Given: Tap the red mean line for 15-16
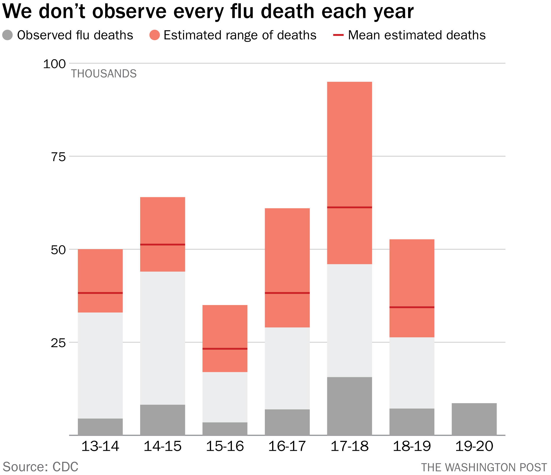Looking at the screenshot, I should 225,349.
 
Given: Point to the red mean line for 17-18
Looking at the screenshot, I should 350,207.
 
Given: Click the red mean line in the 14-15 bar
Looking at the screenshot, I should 162,244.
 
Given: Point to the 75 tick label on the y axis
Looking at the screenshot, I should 58,157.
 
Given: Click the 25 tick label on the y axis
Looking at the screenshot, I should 58,343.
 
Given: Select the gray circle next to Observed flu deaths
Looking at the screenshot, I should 7,35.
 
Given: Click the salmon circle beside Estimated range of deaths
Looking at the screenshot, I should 155,35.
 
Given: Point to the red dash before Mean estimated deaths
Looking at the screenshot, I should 338,35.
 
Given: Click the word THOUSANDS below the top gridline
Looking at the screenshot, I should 104,74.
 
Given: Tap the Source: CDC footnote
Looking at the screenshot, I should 40,466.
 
